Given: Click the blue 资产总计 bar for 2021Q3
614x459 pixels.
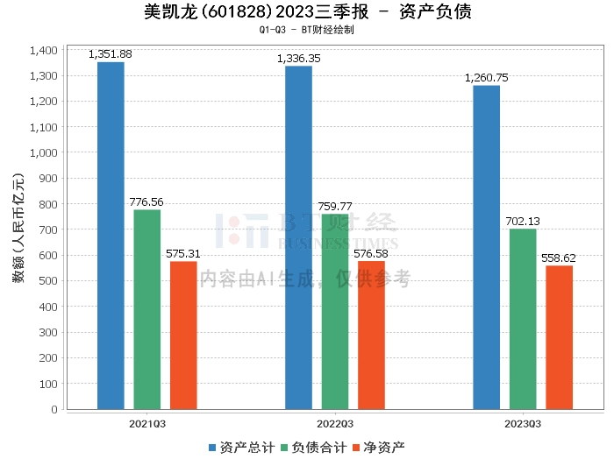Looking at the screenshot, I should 111,236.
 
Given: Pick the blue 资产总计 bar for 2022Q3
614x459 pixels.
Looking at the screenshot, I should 298,237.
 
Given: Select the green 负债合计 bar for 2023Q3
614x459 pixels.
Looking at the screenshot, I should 523,319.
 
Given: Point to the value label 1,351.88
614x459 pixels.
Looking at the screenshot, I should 111,54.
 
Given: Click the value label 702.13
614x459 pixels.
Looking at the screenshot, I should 523,222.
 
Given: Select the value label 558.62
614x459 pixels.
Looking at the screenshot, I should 559,258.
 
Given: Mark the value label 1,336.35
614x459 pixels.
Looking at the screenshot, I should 298,59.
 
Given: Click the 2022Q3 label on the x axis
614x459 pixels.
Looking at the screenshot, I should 335,423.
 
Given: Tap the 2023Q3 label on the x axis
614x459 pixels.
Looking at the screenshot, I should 523,423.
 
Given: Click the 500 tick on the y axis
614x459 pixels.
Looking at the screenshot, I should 48,281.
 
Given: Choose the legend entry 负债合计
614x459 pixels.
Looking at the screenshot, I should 307,448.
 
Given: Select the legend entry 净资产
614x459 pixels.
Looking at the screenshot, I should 378,448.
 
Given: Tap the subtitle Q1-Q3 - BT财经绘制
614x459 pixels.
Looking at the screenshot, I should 307,30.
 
